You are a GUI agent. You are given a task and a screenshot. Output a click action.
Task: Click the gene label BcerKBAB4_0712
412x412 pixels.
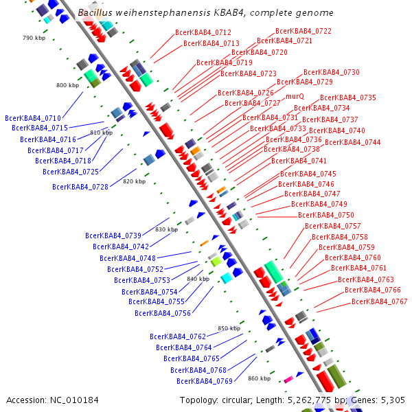pyautogui.click(x=203, y=32)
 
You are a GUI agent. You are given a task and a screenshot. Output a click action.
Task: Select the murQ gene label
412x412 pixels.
pyautogui.click(x=295, y=97)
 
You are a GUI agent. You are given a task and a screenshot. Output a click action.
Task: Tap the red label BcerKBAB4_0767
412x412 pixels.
pyautogui.click(x=379, y=301)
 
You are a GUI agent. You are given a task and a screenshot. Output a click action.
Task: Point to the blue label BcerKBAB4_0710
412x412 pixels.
pyautogui.click(x=32, y=118)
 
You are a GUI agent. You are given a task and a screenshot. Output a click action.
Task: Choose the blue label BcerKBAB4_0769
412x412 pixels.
pyautogui.click(x=205, y=381)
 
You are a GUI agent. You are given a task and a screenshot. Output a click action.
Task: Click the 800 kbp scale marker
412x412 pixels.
pyautogui.click(x=67, y=85)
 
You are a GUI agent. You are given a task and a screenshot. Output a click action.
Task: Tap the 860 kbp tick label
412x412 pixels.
pyautogui.click(x=260, y=378)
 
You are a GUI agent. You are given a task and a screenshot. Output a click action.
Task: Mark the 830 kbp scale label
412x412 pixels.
pyautogui.click(x=166, y=229)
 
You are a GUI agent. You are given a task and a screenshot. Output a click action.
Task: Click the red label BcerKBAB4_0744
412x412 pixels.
pyautogui.click(x=352, y=142)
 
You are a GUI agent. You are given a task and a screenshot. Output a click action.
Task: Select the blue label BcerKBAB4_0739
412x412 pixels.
pyautogui.click(x=113, y=236)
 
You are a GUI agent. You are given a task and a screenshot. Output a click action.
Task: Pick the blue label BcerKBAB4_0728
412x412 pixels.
pyautogui.click(x=80, y=187)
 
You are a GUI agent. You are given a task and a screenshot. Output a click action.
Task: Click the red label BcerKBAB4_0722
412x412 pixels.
pyautogui.click(x=303, y=31)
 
